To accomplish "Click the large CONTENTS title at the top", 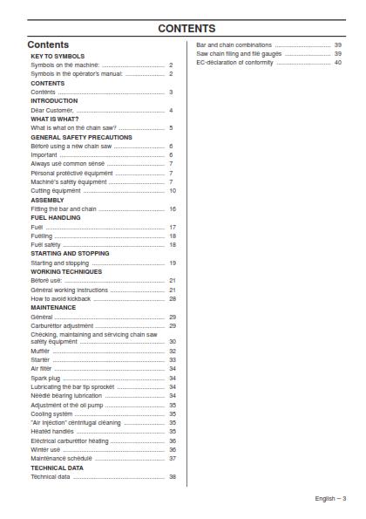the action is tap(186, 29).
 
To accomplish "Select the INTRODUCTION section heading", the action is tap(54, 101).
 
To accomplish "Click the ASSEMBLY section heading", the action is tap(47, 200).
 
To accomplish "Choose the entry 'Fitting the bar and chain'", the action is tap(64, 209).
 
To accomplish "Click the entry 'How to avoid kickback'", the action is tap(61, 298).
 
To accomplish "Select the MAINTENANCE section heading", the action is tap(53, 307).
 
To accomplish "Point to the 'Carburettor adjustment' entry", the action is tap(62, 325).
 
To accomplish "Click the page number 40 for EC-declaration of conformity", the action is tap(337, 63).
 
